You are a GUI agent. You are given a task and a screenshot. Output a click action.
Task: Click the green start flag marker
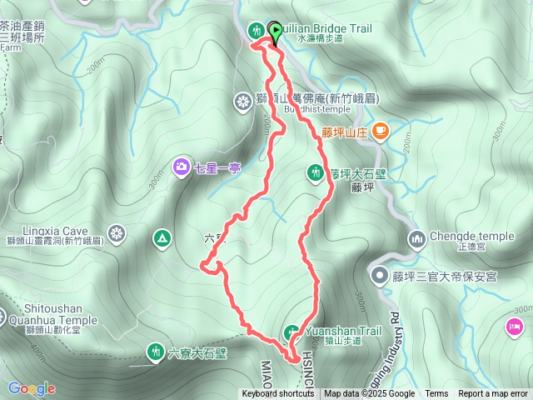275,32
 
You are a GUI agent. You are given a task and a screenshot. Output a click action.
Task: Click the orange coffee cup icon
381,129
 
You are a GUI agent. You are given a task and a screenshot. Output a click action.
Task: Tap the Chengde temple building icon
416,240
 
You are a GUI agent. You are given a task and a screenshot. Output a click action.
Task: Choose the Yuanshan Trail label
344,331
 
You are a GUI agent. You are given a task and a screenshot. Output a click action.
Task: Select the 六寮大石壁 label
197,352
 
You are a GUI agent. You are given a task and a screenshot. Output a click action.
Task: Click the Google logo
32,388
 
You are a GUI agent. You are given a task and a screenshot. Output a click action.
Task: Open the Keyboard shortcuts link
278,394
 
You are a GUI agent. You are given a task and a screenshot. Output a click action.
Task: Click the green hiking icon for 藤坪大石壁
316,172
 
